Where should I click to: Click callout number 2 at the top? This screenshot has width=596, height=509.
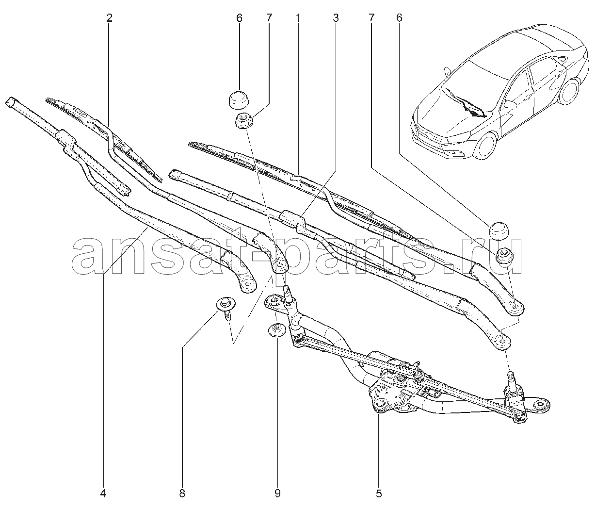click(109, 18)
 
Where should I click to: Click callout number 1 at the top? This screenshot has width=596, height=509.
click(297, 18)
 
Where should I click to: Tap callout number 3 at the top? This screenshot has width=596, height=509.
click(336, 18)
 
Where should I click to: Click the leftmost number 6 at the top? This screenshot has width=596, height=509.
click(240, 18)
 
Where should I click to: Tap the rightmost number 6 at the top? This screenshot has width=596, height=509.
click(399, 18)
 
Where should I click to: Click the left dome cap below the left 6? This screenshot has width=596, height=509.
click(240, 100)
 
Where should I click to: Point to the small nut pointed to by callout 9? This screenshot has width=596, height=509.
click(276, 330)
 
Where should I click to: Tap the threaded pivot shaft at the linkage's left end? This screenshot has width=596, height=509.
click(289, 296)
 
